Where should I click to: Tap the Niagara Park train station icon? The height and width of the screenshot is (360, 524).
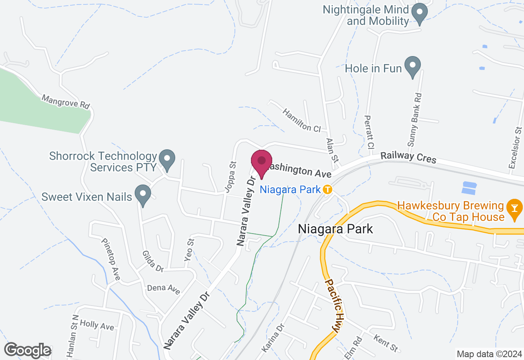(x=327, y=190)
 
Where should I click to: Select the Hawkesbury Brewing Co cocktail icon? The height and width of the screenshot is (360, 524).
(x=513, y=208)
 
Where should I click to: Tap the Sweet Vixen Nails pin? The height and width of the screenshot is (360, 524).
(x=143, y=196)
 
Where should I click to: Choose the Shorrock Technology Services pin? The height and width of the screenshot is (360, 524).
(x=167, y=160)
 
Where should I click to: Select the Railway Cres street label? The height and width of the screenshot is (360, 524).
(x=408, y=157)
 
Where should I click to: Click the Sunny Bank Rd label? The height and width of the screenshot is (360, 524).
(x=415, y=119)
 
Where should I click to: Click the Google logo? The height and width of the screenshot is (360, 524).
(x=27, y=351)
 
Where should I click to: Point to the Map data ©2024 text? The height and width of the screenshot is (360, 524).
(x=489, y=354)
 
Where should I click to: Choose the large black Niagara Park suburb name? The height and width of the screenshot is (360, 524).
(x=336, y=229)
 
